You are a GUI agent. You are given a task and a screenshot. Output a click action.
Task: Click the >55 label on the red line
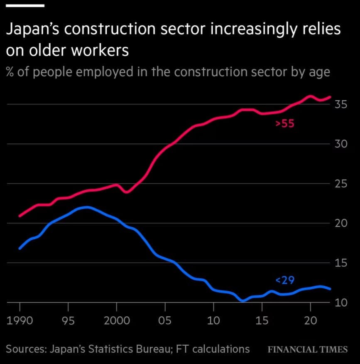click(285, 123)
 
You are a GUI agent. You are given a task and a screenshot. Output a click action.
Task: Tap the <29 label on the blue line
click(285, 280)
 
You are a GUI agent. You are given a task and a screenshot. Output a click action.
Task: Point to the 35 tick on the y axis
click(341, 104)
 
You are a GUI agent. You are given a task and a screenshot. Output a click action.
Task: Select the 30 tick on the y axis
click(341, 144)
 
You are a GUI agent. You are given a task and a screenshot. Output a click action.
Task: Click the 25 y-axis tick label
click(341, 184)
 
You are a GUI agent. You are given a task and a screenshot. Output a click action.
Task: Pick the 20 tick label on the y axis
click(341, 224)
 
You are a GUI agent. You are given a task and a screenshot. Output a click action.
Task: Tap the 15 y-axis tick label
click(341, 263)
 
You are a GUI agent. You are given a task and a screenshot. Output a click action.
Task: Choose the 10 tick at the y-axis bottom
click(341, 303)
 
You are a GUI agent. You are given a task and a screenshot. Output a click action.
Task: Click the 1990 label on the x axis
click(20, 321)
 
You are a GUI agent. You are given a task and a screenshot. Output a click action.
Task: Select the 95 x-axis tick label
click(68, 321)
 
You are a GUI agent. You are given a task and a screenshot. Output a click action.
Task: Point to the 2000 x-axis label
click(117, 321)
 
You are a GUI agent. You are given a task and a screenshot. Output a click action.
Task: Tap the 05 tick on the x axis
click(165, 321)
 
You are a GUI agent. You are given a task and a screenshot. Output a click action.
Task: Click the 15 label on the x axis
click(262, 321)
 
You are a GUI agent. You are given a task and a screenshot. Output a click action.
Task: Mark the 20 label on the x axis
click(310, 321)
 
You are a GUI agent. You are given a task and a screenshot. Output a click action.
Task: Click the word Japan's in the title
click(33, 30)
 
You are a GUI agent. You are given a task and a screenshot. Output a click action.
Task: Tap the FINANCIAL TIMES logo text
click(307, 349)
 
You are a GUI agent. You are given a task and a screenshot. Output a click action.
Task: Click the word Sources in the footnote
click(25, 349)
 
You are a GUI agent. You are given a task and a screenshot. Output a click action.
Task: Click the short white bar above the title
click(24, 5)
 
